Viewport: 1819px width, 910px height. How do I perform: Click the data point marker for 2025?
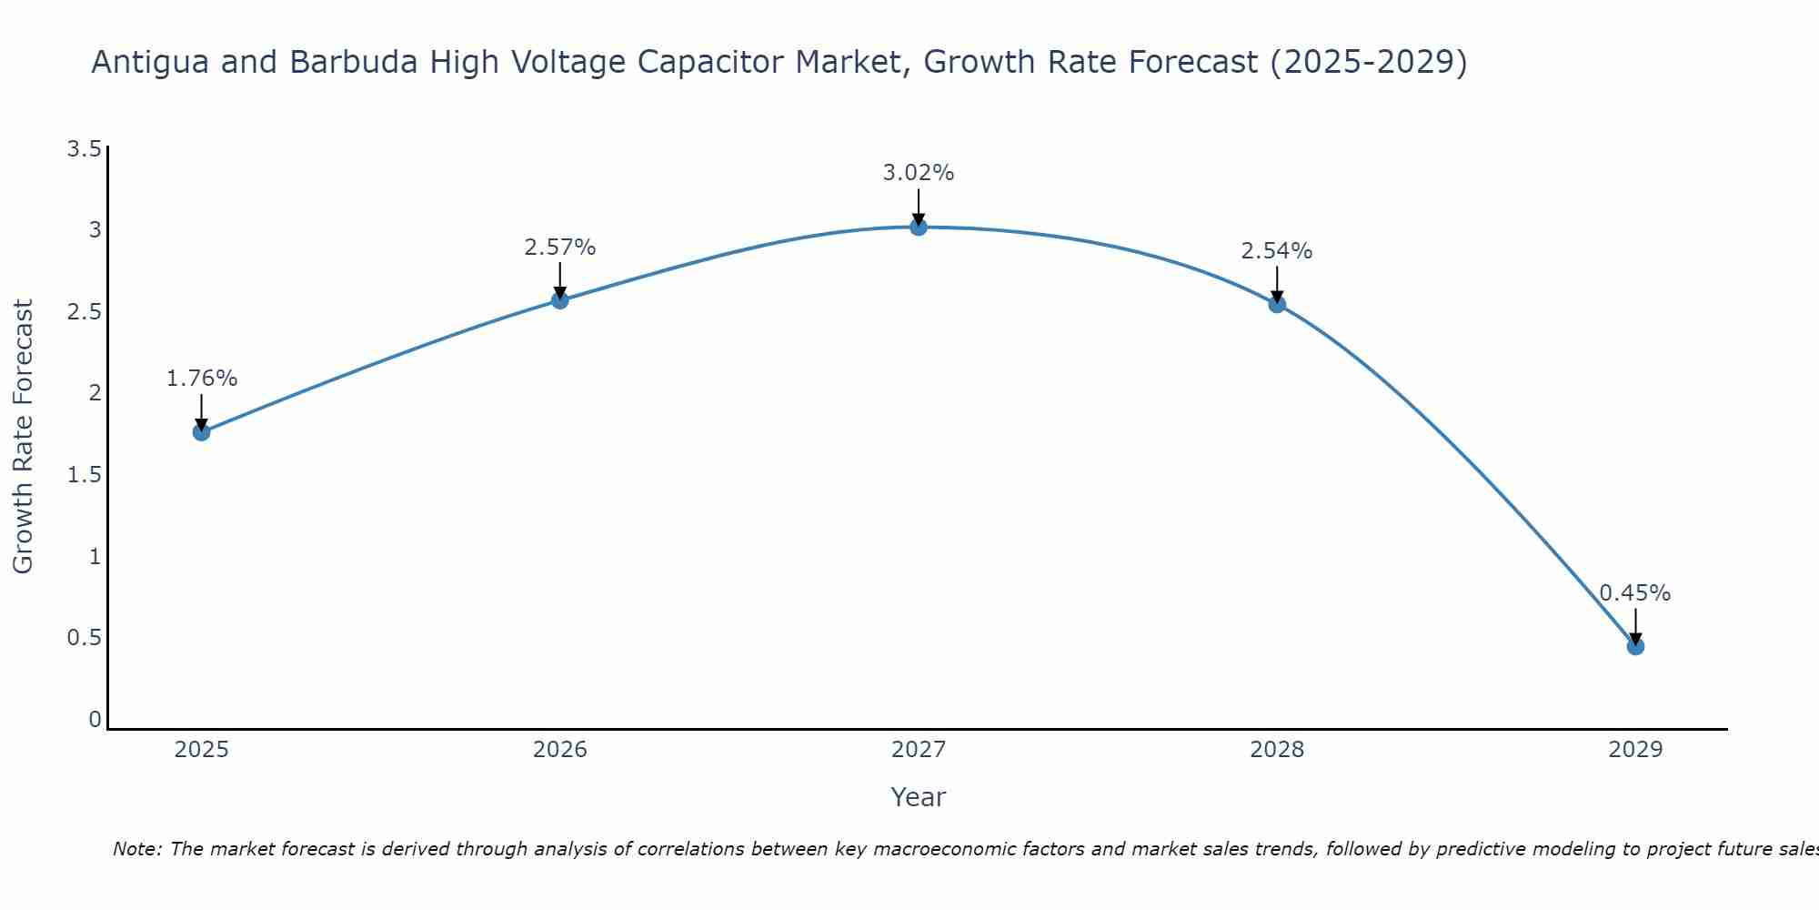coord(202,432)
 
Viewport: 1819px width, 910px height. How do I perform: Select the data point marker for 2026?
coord(560,300)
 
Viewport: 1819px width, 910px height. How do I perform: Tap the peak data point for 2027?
coord(919,227)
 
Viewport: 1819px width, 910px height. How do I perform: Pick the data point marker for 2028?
coord(1277,305)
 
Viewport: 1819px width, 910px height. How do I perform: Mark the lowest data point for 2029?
coord(1635,647)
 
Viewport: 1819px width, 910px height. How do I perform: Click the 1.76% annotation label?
coord(202,379)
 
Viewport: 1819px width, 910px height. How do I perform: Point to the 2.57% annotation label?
coord(560,248)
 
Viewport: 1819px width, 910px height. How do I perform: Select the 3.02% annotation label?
coord(919,173)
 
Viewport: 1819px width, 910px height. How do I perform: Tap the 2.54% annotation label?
coord(1277,251)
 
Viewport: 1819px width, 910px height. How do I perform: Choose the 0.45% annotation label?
coord(1635,593)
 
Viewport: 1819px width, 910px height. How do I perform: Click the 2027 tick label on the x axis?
coord(919,750)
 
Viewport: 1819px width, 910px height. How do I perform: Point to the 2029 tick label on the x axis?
coord(1635,750)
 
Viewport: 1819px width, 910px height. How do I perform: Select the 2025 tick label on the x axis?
coord(202,750)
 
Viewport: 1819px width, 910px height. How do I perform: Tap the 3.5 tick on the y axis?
coord(84,149)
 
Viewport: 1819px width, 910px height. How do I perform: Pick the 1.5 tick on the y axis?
coord(84,475)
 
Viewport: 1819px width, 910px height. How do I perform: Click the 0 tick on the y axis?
coord(95,720)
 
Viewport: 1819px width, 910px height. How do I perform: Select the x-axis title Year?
coord(919,797)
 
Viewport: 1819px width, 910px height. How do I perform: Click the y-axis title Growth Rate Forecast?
coord(23,437)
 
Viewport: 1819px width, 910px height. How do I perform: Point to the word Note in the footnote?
coord(136,849)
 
